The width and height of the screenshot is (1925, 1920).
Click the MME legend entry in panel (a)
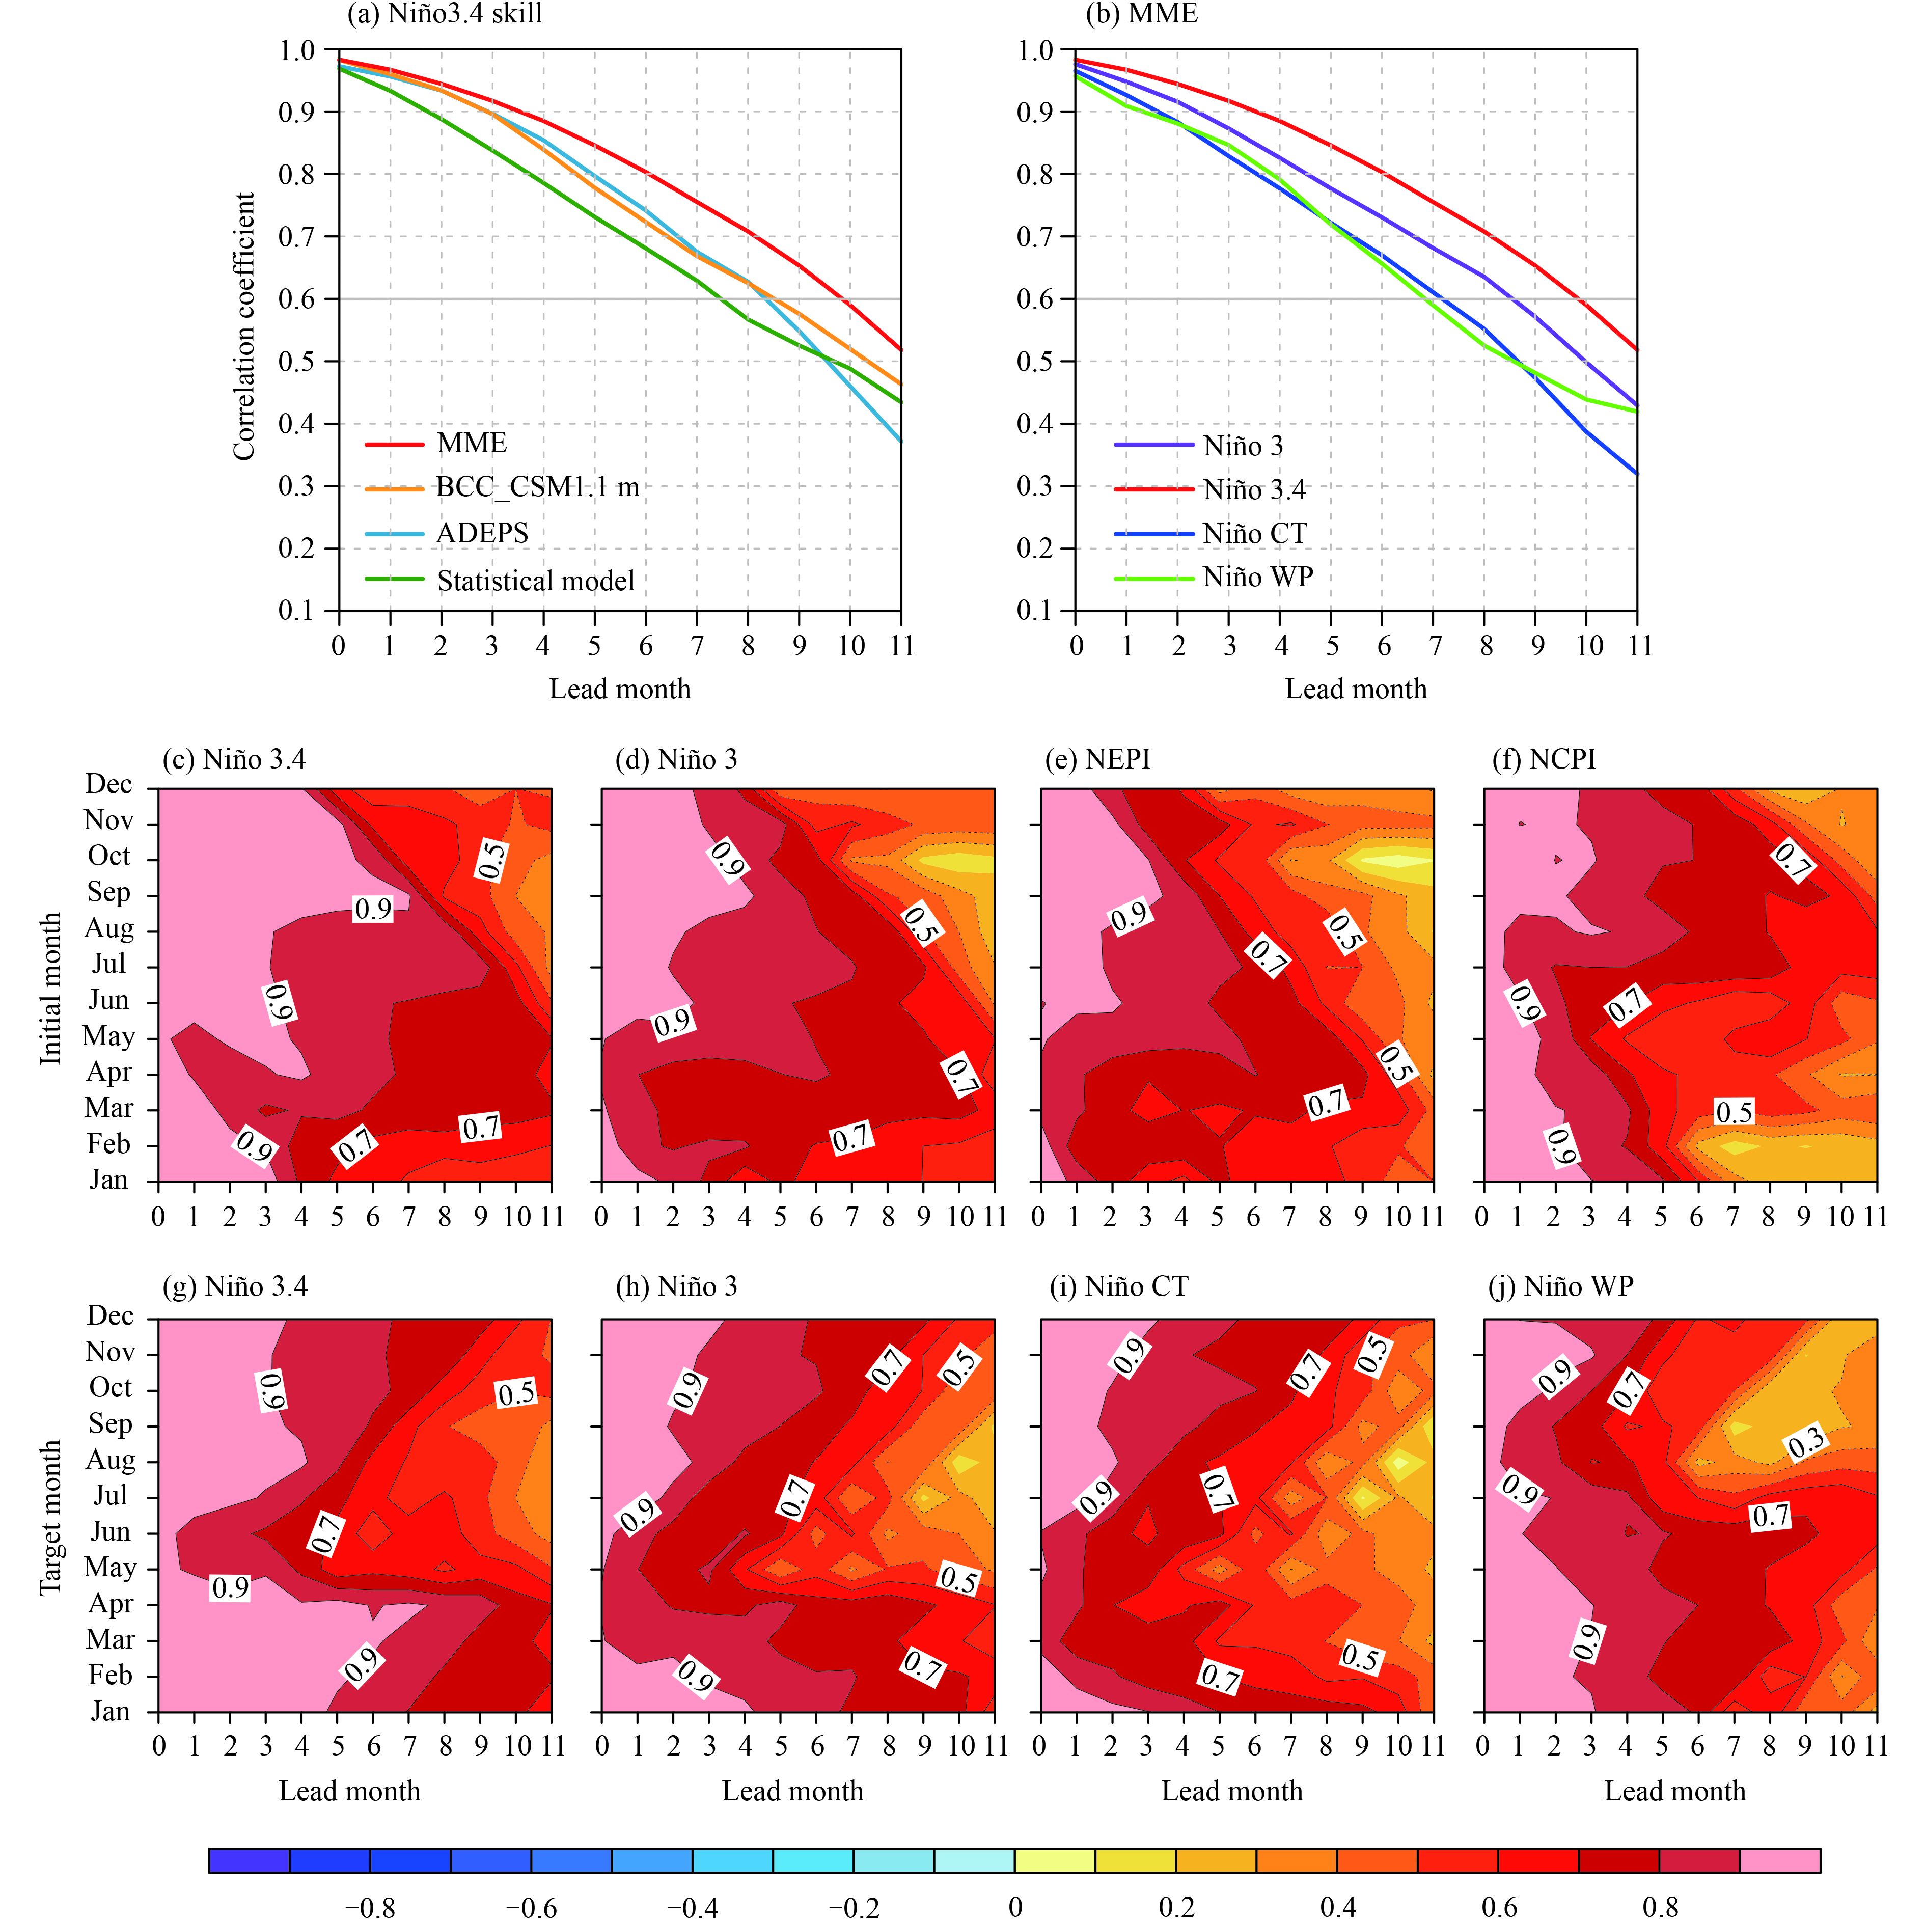471,444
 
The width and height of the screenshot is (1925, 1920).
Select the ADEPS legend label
482,533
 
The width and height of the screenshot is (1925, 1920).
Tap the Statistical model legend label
535,581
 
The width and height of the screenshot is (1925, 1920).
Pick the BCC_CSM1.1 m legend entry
537,487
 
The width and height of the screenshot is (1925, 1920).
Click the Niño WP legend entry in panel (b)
1257,577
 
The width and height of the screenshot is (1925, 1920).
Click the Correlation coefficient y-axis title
244,327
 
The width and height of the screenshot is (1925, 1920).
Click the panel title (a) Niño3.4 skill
445,14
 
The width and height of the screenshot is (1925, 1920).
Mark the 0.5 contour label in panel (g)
516,1393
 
